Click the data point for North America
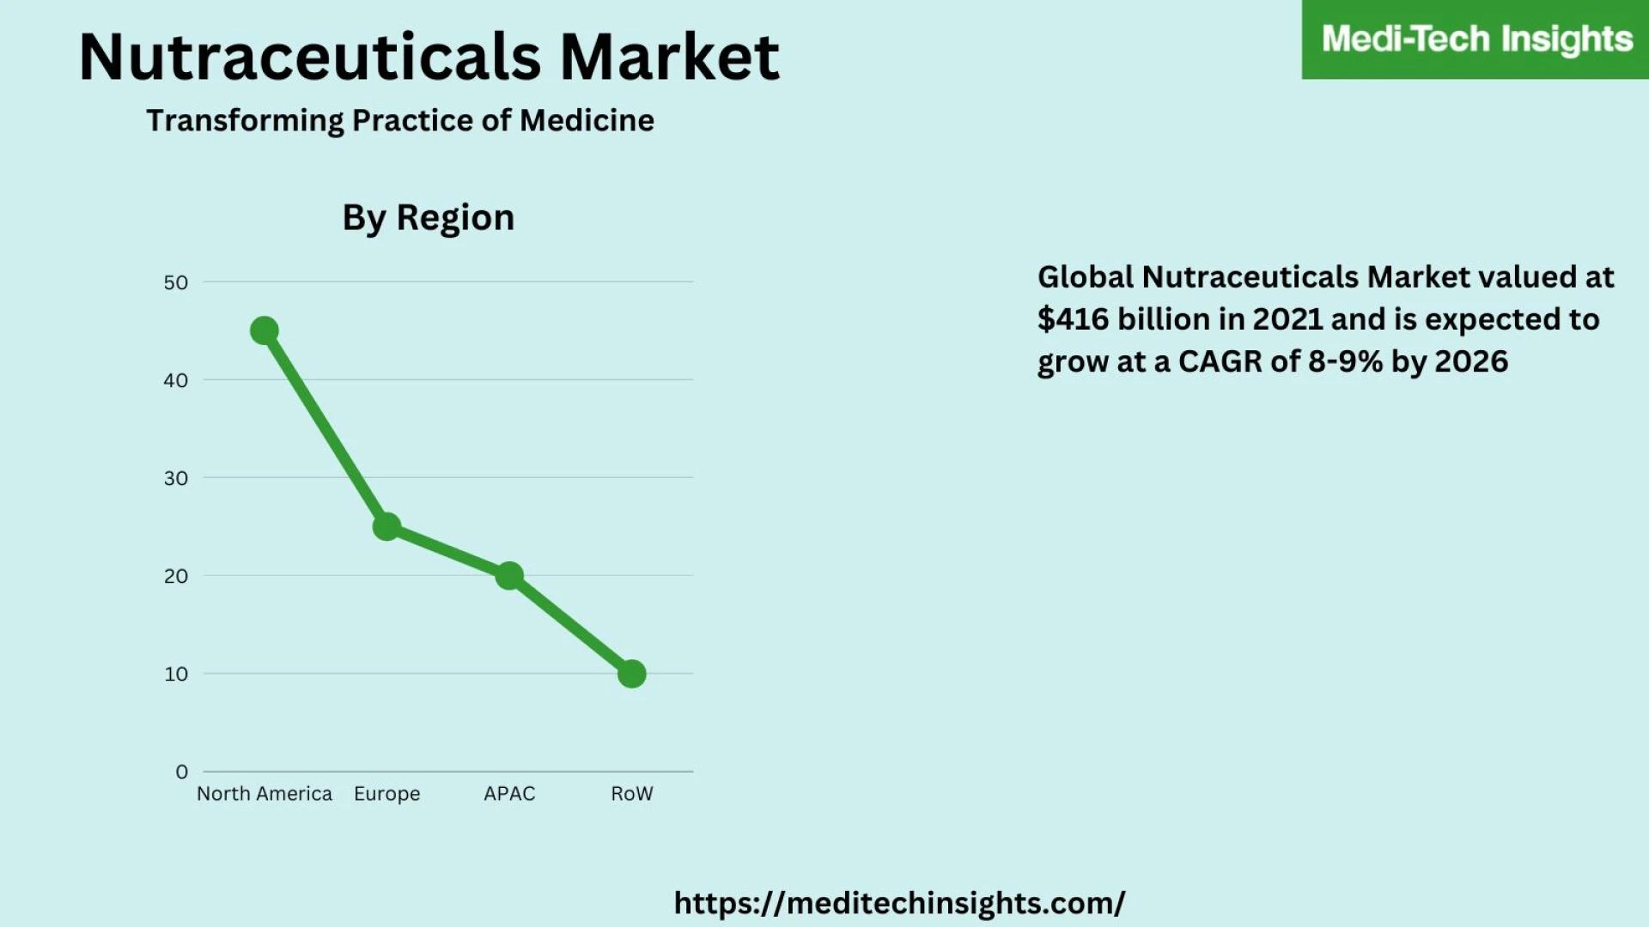tap(264, 330)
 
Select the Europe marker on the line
tap(386, 526)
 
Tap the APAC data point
tap(509, 575)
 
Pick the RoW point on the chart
tap(632, 674)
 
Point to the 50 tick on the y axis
tap(175, 282)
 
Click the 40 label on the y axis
tap(175, 380)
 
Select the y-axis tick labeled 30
tap(175, 478)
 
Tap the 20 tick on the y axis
tap(175, 576)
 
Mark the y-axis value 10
tap(175, 674)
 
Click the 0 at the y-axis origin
tap(181, 772)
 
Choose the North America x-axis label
tap(264, 794)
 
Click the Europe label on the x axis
tap(386, 794)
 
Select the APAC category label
tap(509, 794)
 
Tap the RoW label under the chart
tap(632, 794)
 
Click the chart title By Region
tap(428, 218)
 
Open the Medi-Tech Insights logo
tap(1476, 39)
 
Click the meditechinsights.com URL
tap(899, 903)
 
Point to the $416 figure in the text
tap(1073, 319)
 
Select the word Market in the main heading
tap(670, 58)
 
